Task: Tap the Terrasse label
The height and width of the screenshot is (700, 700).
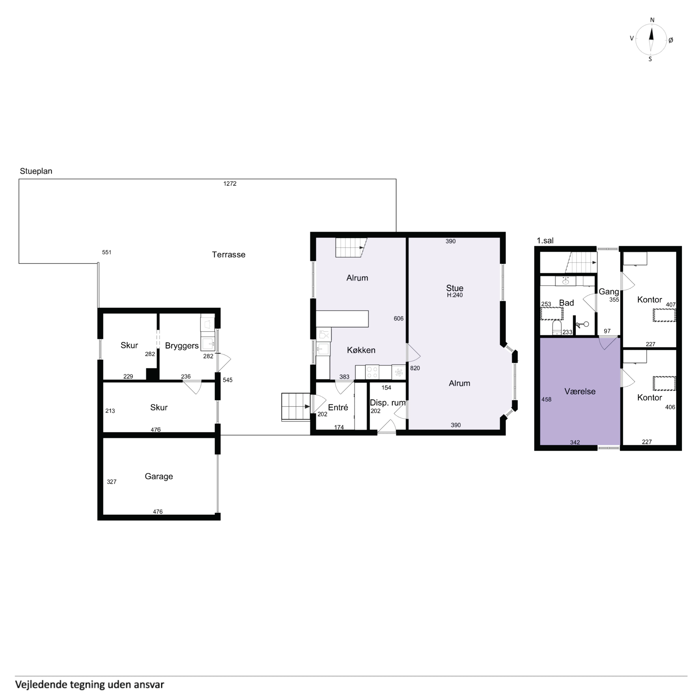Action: [x=229, y=255]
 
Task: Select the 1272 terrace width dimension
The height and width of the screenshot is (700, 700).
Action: [x=230, y=184]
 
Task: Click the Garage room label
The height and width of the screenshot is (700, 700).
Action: [x=159, y=476]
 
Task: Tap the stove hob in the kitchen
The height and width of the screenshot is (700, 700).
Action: [x=372, y=372]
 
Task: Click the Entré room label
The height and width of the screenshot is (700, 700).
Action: [x=338, y=408]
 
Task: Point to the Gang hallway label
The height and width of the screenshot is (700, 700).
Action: [x=609, y=292]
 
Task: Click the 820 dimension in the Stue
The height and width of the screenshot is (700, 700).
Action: [x=415, y=368]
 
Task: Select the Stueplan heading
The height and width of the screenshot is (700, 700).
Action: [x=36, y=171]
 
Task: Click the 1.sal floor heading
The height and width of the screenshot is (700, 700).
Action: [x=545, y=241]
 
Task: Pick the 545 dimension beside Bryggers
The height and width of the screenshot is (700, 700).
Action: [x=228, y=380]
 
